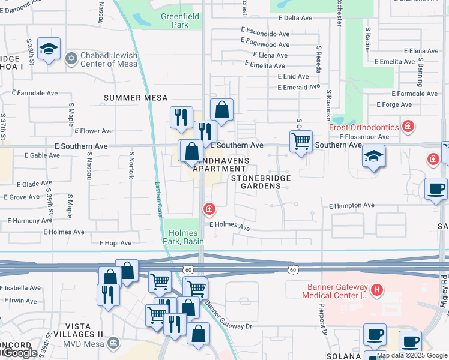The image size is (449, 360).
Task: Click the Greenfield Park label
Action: [175, 20]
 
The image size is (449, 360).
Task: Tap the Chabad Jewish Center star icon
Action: [71, 59]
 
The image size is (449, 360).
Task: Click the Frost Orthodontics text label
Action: [364, 127]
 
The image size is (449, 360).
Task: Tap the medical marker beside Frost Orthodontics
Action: [408, 126]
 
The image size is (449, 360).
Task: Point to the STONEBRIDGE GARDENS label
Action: [262, 182]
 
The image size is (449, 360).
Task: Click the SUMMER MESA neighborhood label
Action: [135, 98]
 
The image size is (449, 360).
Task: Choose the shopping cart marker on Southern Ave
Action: [301, 142]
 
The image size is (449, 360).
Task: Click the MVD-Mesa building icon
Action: [113, 343]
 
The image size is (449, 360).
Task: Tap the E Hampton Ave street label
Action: [351, 206]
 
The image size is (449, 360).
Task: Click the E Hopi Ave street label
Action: [115, 243]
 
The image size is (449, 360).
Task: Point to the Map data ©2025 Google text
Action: [412, 355]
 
